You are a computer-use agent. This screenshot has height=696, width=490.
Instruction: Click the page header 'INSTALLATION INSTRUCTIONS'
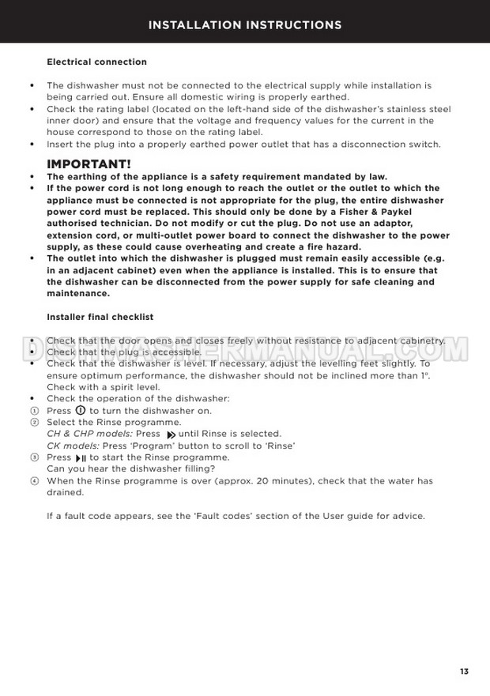pos(245,25)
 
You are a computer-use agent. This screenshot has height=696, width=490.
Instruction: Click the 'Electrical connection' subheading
pos(96,62)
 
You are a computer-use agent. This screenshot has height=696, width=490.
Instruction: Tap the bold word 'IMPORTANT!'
pos(89,164)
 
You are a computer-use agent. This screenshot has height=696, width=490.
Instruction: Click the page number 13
pos(464,671)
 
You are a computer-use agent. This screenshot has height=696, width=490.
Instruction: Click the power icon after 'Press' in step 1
pos(80,411)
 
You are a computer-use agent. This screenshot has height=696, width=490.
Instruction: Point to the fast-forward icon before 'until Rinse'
pos(171,435)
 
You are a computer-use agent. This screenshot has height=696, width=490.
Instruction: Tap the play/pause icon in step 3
pos(81,458)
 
